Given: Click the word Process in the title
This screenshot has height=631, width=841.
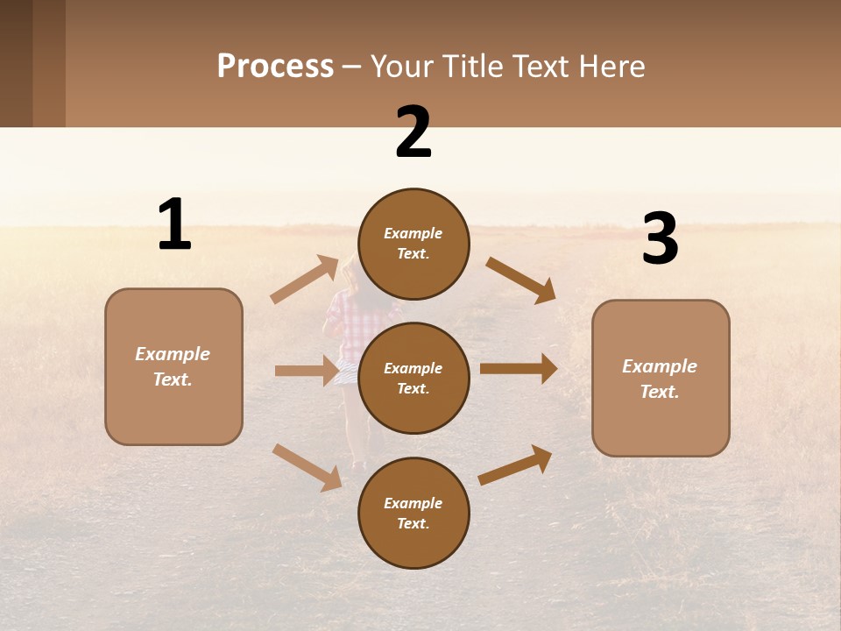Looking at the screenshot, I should point(275,67).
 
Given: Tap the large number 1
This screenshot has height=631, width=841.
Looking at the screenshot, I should point(174,225).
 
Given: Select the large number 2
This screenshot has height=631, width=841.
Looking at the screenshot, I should point(413,132).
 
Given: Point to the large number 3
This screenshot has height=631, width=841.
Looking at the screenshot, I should point(660,239).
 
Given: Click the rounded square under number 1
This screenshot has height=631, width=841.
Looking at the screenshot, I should point(173,366).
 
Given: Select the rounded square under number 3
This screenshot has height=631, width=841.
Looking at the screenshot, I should point(661,379).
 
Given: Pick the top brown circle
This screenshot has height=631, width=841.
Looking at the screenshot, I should point(413,244).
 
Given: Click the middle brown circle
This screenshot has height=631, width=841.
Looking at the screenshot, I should point(413,379).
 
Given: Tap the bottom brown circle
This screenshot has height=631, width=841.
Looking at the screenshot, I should point(413,514).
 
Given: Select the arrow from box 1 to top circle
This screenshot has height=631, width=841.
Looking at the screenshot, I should point(305,280).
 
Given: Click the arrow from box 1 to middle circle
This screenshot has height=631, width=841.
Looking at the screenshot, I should point(307,371).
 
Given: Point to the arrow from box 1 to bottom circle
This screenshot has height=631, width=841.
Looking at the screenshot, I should point(307,467).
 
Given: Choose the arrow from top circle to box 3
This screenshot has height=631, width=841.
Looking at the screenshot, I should point(521,280).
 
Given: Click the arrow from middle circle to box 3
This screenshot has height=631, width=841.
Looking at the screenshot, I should point(519,369).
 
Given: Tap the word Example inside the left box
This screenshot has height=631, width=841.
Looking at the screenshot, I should point(173,354).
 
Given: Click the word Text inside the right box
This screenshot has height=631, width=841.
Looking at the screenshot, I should point(660,392).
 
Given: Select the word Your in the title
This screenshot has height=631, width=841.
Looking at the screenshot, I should point(399,67).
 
